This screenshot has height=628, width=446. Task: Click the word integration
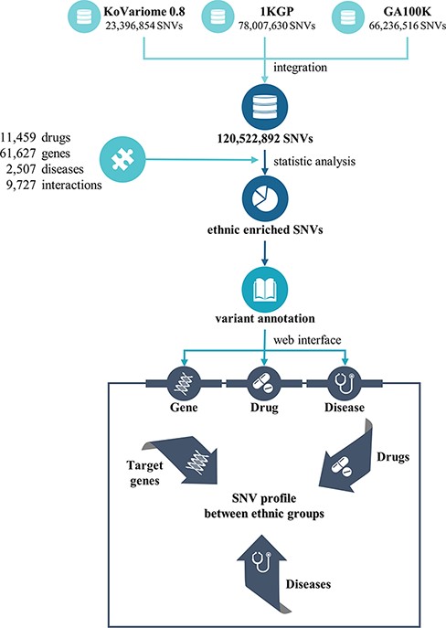pyautogui.click(x=298, y=69)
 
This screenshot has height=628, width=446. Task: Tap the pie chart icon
pyautogui.click(x=264, y=194)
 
